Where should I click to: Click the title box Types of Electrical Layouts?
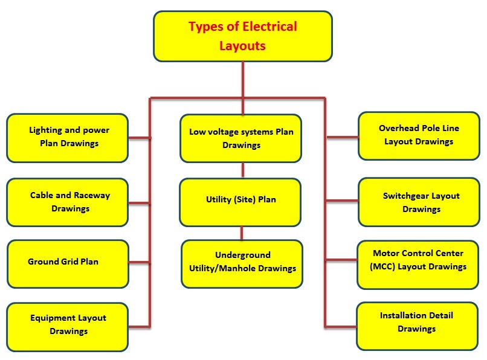coord(243,36)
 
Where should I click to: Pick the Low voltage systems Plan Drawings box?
coord(241,138)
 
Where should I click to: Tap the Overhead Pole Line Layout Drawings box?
coord(419,135)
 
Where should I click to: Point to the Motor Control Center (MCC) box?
coord(419,260)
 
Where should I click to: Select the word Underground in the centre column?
coord(243,255)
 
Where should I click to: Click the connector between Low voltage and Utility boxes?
coord(243,170)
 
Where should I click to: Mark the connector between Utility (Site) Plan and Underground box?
coord(242,233)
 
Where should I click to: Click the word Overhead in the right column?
coord(399,128)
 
